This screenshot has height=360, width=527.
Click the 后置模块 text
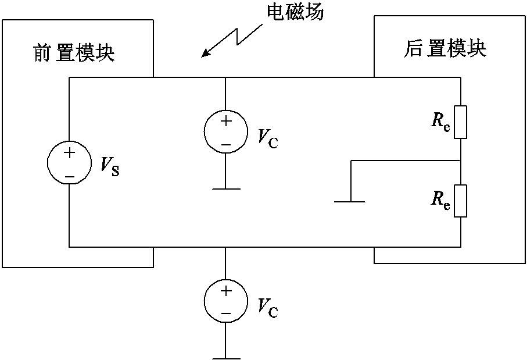pos(444,49)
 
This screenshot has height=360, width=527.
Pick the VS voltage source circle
pos(69,163)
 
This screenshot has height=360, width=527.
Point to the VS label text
pos(109,168)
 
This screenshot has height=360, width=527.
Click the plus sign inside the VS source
pos(69,153)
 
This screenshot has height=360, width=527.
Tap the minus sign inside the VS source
pos(69,174)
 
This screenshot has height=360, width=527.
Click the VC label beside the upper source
pos(267,138)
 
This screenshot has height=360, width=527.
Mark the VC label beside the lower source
pos(267,308)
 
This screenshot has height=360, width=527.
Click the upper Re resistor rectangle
pos(460,122)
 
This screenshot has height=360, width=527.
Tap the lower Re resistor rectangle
pos(460,201)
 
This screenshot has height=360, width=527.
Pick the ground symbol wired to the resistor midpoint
pos(350,201)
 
